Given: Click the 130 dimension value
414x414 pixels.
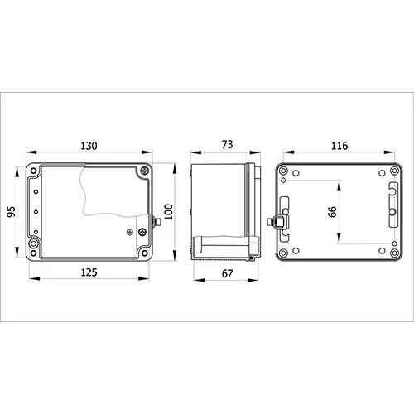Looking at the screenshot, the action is click(89, 146).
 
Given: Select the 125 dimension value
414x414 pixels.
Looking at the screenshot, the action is click(89, 272).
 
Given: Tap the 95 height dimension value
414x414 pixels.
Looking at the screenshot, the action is click(12, 212).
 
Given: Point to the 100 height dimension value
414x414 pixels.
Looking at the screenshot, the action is click(168, 212).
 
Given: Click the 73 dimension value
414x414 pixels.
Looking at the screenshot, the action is click(228, 144).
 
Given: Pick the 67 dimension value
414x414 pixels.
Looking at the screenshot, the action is click(227, 273).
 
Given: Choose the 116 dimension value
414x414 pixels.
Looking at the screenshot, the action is click(339, 146).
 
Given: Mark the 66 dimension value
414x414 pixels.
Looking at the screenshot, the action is click(332, 212).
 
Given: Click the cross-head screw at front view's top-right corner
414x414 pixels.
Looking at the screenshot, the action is click(145, 171).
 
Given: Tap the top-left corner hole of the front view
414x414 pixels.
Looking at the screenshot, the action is click(34, 171).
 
